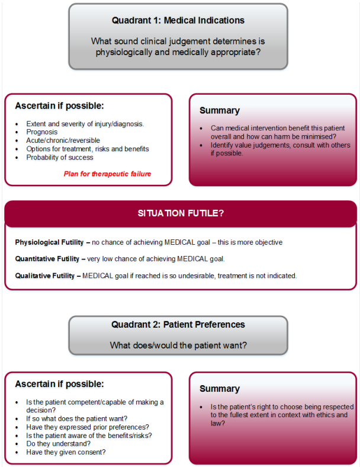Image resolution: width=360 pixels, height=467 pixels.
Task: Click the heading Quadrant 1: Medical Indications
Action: click(178, 20)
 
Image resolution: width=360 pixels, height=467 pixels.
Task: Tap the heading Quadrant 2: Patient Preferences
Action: click(178, 324)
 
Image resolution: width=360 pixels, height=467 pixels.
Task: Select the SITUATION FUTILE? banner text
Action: click(181, 213)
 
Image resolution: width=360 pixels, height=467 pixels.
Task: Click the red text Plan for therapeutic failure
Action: click(107, 174)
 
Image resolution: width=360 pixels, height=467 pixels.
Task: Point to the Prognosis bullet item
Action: click(41, 132)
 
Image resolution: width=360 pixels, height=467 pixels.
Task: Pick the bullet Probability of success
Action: click(60, 157)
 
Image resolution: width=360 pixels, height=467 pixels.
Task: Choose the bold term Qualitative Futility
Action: click(47, 275)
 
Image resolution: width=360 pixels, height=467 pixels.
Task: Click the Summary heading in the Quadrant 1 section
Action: click(220, 110)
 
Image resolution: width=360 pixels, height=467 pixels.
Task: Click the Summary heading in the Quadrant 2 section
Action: click(220, 389)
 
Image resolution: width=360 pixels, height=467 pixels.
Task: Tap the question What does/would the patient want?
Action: click(178, 344)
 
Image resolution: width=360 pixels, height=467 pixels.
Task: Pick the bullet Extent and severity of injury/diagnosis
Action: click(85, 123)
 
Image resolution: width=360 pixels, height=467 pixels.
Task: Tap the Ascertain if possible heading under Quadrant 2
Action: click(59, 384)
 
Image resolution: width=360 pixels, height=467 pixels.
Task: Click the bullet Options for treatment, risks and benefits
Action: click(88, 149)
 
